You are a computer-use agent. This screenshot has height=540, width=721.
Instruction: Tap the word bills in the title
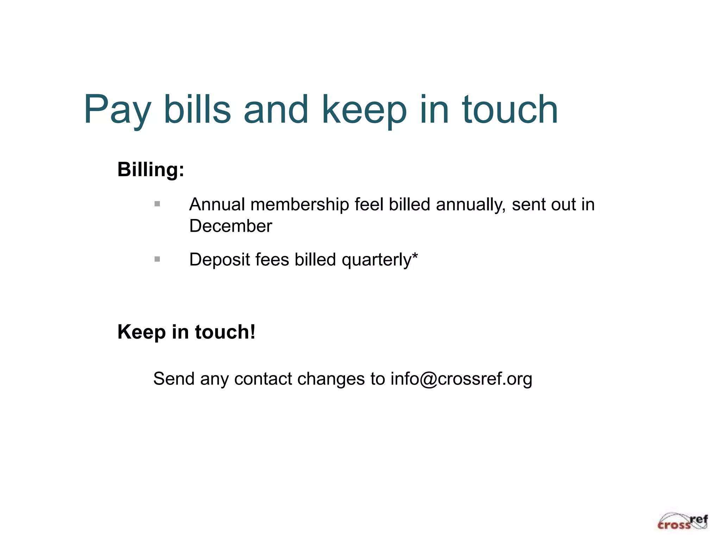point(197,110)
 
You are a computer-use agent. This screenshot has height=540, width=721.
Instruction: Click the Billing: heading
point(151,170)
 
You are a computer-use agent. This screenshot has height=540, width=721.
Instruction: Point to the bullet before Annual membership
point(157,204)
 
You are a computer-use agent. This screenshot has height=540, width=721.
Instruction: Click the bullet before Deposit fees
point(157,259)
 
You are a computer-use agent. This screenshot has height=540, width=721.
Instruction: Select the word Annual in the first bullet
point(217,205)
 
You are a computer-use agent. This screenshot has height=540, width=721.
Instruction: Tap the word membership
point(300,205)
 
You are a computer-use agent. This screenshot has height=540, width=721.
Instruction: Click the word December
point(231,226)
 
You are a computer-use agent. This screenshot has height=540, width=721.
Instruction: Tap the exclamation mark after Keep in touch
point(252,332)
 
